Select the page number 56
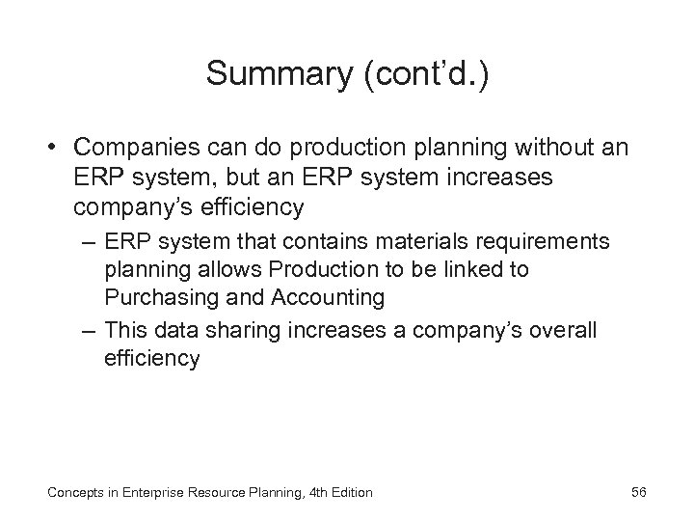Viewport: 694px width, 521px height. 638,492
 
